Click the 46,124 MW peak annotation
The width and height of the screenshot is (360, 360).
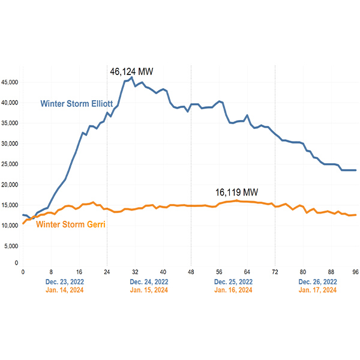(x=131, y=71)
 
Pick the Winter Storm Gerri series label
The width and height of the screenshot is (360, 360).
(x=72, y=226)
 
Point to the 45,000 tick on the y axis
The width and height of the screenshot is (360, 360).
(x=10, y=82)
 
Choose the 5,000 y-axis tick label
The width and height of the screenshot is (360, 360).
(x=12, y=246)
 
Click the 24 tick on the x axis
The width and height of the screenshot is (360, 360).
(x=107, y=271)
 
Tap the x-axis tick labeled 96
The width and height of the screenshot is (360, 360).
(x=355, y=271)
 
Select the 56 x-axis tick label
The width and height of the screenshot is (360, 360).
(x=219, y=271)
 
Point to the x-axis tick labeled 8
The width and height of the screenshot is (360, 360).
(x=51, y=271)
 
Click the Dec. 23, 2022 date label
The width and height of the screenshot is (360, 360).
(x=65, y=281)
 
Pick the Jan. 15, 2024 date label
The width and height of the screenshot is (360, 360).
(x=149, y=290)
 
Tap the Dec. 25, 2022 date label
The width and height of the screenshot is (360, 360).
(x=233, y=281)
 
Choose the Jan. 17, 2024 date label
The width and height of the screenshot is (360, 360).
(x=317, y=290)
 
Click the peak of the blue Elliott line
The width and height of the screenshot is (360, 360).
(x=131, y=77)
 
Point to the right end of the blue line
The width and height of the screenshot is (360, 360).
(x=356, y=170)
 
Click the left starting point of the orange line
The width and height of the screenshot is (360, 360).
(x=23, y=224)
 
